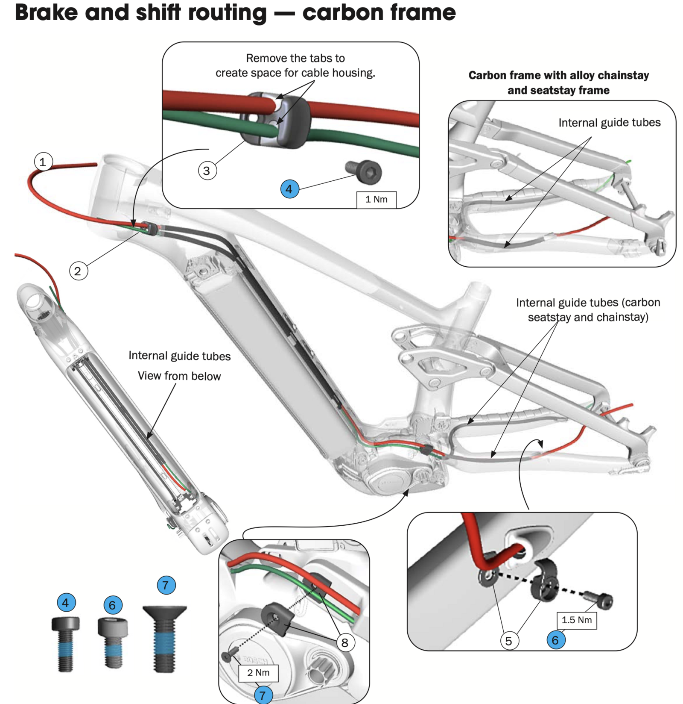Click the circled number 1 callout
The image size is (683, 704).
tap(43, 162)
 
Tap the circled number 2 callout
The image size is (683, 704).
tap(78, 271)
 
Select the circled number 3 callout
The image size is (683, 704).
tap(207, 171)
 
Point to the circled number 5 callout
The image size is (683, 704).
tap(509, 641)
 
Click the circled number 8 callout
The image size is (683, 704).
tap(345, 642)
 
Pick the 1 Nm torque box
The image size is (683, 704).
tap(376, 199)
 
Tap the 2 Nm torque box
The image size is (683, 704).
tap(258, 672)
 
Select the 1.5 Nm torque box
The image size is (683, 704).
tap(576, 620)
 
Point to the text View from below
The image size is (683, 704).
tap(179, 376)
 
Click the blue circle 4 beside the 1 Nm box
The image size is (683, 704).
tap(289, 189)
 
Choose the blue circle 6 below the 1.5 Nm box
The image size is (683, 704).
tap(555, 640)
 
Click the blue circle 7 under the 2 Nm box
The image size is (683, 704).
tap(263, 695)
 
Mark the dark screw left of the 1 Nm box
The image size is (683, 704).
tap(365, 171)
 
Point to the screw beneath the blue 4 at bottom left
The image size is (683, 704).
tap(65, 643)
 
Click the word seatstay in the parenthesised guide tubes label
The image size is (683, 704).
tap(549, 317)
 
